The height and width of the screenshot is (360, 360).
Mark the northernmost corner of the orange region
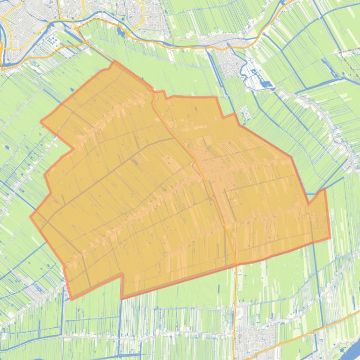pos(115,61)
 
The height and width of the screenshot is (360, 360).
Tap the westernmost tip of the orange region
pos(31,217)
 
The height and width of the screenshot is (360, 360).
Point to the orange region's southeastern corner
pos(330,238)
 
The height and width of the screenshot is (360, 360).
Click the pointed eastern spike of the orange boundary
pos(324,189)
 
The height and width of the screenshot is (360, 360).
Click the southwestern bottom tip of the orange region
pos(71,298)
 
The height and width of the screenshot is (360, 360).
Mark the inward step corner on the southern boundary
pos(122,275)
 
